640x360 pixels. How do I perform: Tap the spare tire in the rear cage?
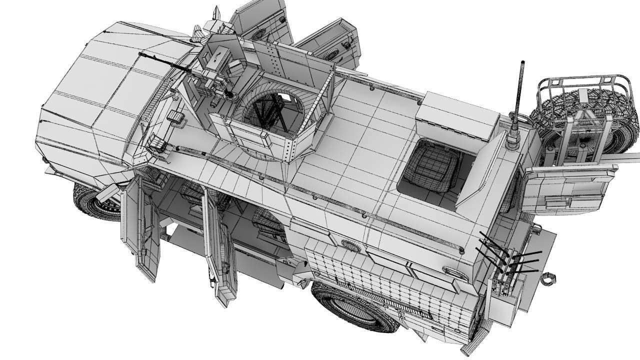pyautogui.click(x=580, y=117)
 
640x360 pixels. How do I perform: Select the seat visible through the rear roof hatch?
pyautogui.click(x=432, y=165)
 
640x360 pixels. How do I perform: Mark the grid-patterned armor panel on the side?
pyautogui.click(x=390, y=285)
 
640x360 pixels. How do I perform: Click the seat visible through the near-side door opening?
pyautogui.click(x=267, y=222)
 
